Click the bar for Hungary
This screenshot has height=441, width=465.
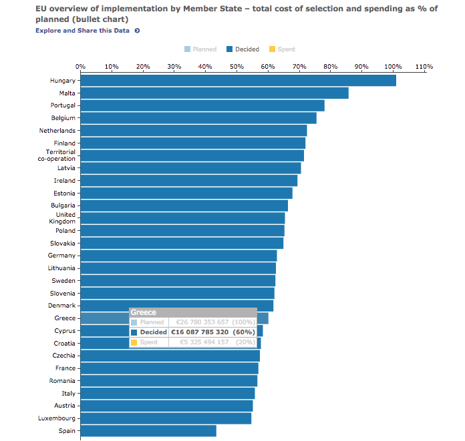(x=238, y=81)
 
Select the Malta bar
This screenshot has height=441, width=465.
(x=214, y=93)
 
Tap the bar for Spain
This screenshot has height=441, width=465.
(x=148, y=431)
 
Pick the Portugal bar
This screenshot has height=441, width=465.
(x=202, y=105)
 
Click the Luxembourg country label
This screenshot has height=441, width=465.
(x=56, y=418)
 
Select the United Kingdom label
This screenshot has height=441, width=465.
(x=65, y=218)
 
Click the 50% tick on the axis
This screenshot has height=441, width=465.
(x=237, y=67)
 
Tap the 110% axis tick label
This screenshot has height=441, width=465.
(x=424, y=67)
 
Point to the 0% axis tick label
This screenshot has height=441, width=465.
(x=80, y=67)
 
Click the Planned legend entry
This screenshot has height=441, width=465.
(x=200, y=49)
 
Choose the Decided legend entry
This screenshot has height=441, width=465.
(x=243, y=49)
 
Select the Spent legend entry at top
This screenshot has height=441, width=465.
(x=282, y=49)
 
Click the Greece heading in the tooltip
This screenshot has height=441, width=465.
(x=144, y=312)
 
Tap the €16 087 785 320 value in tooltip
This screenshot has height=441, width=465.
(x=200, y=332)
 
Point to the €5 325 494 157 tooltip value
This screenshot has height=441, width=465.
(x=200, y=342)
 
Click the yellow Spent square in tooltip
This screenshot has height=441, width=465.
(x=134, y=342)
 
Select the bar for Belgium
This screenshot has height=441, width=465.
(x=198, y=118)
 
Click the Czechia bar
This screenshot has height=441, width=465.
(x=170, y=356)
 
